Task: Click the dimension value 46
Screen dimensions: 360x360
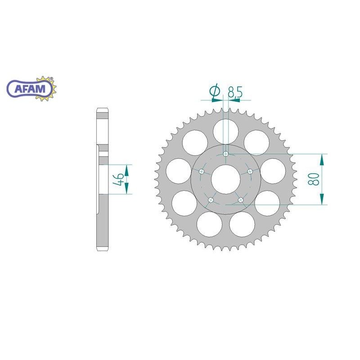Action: click(x=118, y=180)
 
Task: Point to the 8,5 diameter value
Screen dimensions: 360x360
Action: click(x=235, y=93)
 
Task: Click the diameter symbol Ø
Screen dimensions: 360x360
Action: click(x=215, y=92)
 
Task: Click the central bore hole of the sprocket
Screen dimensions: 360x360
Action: click(x=225, y=177)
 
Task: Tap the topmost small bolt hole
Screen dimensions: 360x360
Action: click(x=226, y=154)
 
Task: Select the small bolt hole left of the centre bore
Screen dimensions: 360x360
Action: click(x=202, y=171)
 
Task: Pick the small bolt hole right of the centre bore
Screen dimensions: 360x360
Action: click(x=250, y=171)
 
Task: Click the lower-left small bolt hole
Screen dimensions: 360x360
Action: click(x=211, y=200)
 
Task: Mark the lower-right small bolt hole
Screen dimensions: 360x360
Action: click(x=240, y=200)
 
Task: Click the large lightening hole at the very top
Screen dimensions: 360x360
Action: click(x=226, y=129)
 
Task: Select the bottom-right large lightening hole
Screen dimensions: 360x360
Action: click(x=242, y=224)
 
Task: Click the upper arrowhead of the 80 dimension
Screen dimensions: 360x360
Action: click(x=322, y=159)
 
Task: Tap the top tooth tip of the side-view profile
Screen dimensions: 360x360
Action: click(x=102, y=109)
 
